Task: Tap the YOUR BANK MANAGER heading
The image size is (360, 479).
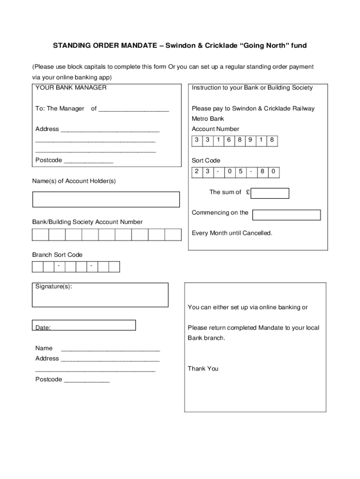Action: coord(71,87)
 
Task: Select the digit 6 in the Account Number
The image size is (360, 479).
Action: coord(229,140)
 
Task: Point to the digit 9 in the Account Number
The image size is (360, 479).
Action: coord(250,140)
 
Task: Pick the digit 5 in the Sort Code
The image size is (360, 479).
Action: coord(240,172)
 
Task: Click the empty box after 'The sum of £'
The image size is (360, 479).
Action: coord(270,193)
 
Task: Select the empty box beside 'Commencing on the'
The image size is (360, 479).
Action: coord(286,215)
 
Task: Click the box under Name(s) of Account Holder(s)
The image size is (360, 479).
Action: coord(106,199)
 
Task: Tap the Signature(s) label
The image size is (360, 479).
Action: coord(54,286)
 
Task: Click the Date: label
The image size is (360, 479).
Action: coord(43,327)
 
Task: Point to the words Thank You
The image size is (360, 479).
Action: coord(203,369)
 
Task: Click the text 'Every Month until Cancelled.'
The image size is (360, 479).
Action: coord(232,233)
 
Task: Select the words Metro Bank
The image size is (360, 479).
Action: coord(208,119)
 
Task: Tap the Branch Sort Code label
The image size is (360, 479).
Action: coord(57,255)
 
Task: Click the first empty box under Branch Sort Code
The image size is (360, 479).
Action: coord(37,267)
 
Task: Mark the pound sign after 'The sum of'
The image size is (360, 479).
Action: coord(248,192)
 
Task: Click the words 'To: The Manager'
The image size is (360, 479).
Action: coord(59,109)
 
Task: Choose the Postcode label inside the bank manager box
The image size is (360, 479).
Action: coord(48,160)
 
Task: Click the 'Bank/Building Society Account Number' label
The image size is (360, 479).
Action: coord(87,222)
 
